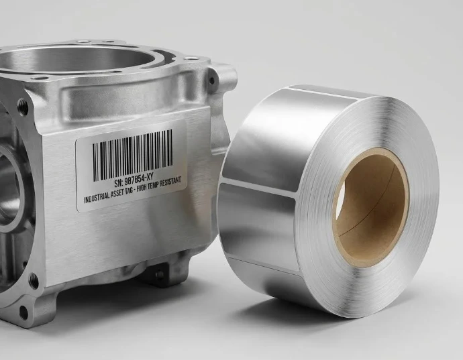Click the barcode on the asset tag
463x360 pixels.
click(133, 156)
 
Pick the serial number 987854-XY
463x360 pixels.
click(140, 178)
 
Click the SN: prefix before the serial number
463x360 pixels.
click(118, 183)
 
